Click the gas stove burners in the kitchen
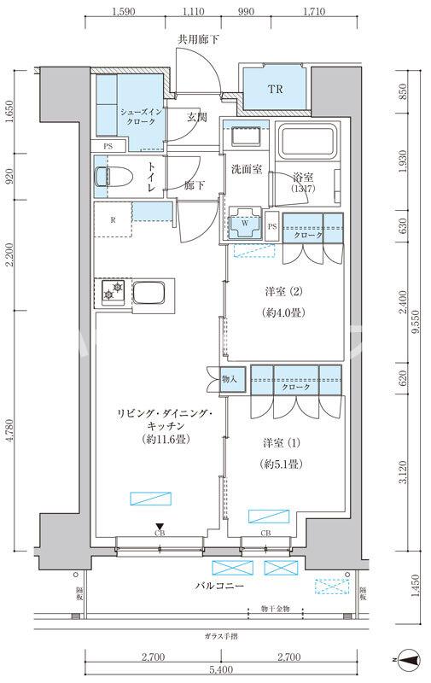click(111, 295)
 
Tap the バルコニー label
click(220, 587)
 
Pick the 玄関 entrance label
click(197, 117)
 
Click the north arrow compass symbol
click(411, 659)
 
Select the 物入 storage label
click(228, 377)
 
